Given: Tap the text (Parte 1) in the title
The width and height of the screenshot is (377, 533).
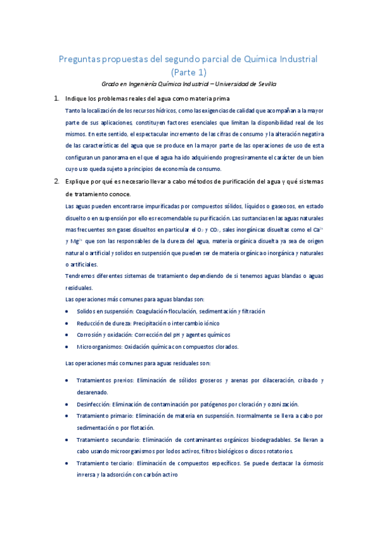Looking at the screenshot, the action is (x=188, y=72).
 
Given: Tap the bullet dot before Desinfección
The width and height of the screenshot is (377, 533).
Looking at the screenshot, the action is (x=68, y=404).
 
